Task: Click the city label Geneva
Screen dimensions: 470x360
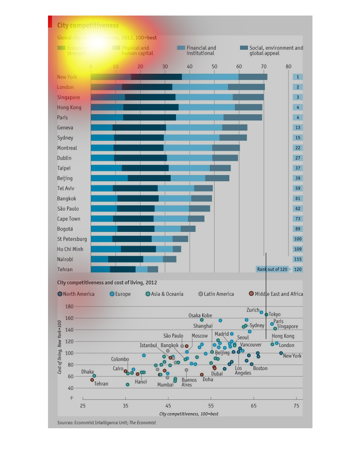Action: click(65, 128)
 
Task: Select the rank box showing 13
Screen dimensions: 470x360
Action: click(297, 128)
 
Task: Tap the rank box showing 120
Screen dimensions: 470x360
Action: click(297, 270)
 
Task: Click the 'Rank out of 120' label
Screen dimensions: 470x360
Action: click(272, 270)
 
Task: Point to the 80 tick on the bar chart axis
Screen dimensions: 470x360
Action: click(288, 67)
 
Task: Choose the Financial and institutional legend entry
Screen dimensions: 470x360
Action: click(201, 51)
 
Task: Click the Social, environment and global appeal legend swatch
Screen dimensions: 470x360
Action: click(244, 48)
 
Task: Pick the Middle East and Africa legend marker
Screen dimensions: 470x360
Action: click(251, 294)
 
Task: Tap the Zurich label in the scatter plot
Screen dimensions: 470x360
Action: click(253, 310)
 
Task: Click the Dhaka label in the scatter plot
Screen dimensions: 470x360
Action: click(88, 372)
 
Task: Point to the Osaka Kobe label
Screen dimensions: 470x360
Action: click(200, 316)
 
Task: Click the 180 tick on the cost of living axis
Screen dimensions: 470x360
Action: click(69, 307)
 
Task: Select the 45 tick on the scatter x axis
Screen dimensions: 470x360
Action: click(168, 406)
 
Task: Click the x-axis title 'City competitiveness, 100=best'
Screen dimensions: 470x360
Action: click(188, 414)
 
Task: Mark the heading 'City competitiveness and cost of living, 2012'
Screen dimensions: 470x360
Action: click(107, 283)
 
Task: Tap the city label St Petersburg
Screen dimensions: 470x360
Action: click(72, 239)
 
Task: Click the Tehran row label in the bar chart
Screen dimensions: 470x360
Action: click(65, 270)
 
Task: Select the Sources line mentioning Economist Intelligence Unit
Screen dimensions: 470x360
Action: click(107, 423)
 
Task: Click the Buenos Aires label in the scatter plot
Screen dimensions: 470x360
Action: click(189, 382)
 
